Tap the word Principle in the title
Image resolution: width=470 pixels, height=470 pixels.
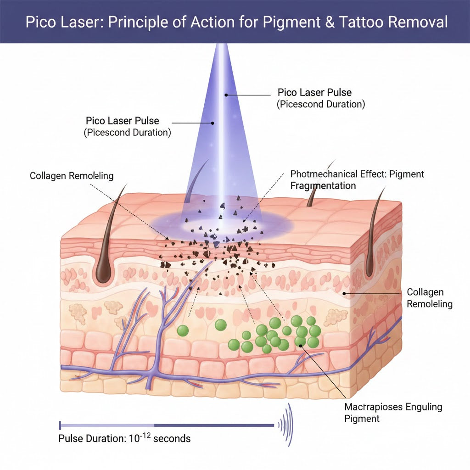(145, 22)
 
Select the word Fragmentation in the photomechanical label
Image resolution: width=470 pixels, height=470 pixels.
(323, 185)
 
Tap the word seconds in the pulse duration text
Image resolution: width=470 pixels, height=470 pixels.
(172, 438)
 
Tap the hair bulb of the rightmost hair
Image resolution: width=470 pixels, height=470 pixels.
(369, 271)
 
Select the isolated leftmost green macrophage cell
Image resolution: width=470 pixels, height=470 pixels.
(184, 330)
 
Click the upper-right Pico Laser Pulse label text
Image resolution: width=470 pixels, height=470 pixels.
(315, 93)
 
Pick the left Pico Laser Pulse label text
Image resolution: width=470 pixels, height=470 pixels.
(123, 121)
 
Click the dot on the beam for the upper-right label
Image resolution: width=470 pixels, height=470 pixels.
(226, 95)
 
